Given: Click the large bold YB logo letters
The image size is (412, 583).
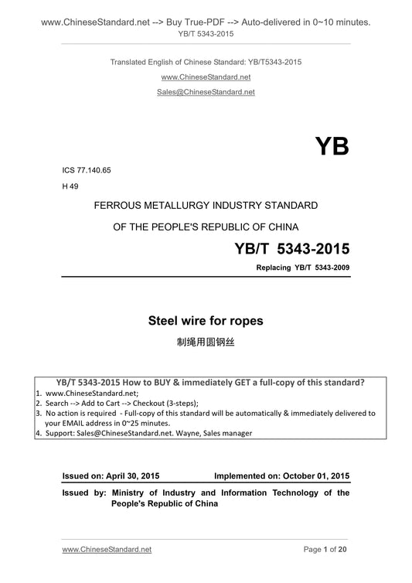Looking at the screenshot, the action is [x=332, y=146].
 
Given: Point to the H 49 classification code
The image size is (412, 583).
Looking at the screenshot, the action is [x=70, y=186].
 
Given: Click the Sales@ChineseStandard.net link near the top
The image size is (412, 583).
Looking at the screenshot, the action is [x=206, y=91].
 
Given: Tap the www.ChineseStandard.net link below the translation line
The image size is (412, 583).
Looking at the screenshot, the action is [x=206, y=77].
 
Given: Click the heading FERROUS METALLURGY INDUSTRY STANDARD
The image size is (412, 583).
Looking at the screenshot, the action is [x=206, y=205].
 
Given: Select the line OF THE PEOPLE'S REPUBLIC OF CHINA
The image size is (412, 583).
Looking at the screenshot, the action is [x=206, y=227].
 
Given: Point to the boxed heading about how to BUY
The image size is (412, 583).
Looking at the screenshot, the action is [x=211, y=383].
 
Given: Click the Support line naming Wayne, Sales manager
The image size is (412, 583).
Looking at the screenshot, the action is [x=147, y=433].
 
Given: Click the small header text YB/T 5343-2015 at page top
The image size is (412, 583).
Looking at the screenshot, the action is [x=206, y=34].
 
